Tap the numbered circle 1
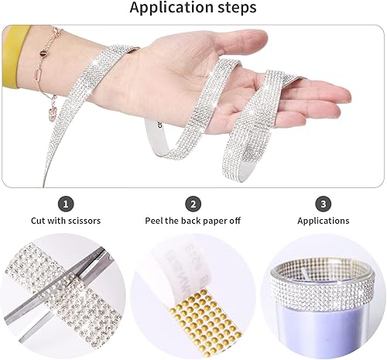coord(67,204)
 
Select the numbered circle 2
coord(193,204)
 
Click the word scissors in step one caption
coord(84,221)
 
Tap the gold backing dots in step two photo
coord(193,314)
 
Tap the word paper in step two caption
coord(213,221)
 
